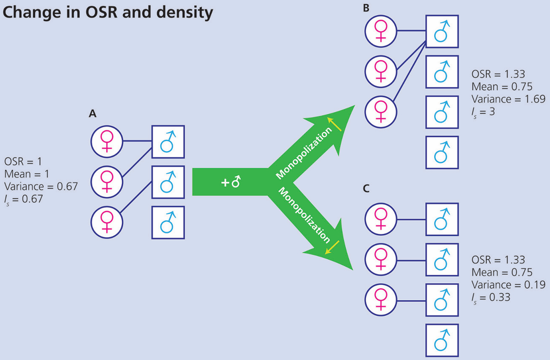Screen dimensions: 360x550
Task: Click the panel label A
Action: click(x=92, y=113)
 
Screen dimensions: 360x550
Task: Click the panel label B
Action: click(x=366, y=8)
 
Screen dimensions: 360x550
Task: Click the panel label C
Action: click(x=366, y=189)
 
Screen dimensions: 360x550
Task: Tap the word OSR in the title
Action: click(x=101, y=12)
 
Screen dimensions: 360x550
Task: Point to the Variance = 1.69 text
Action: click(x=508, y=99)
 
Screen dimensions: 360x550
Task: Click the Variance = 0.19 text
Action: click(x=508, y=285)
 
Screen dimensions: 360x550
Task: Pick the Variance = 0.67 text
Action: click(x=41, y=186)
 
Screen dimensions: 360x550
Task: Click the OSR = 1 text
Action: click(x=23, y=162)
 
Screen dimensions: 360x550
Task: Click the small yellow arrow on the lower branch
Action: click(x=332, y=247)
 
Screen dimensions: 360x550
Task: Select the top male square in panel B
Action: click(x=442, y=31)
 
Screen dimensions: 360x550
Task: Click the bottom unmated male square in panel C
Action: click(x=442, y=340)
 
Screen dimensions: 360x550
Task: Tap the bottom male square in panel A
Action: click(x=168, y=223)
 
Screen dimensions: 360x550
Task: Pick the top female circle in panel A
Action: click(x=107, y=141)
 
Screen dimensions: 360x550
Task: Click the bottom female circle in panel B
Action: click(x=381, y=112)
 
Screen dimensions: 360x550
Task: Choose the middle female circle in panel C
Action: click(x=381, y=260)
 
